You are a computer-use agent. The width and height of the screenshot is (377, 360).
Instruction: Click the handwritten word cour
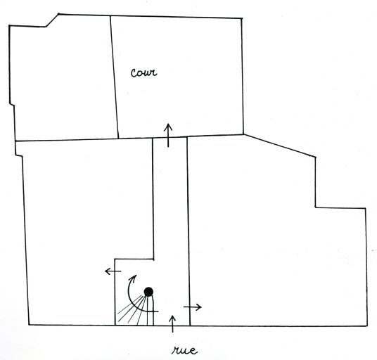click(143, 72)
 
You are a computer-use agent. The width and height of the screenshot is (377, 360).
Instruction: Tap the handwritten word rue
click(185, 350)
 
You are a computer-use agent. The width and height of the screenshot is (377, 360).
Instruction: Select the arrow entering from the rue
click(172, 324)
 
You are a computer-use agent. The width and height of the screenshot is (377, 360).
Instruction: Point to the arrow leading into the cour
click(168, 135)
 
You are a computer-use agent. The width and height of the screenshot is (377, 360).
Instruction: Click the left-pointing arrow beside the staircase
click(113, 271)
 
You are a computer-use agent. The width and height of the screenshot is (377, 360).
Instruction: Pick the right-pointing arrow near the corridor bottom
click(192, 307)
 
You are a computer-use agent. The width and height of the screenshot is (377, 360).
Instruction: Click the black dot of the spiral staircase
click(148, 292)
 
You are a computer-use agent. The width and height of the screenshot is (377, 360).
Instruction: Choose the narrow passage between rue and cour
click(170, 217)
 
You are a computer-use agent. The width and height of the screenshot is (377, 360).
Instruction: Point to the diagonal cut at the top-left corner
click(52, 20)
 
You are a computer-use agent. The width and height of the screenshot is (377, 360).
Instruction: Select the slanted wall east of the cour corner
click(279, 146)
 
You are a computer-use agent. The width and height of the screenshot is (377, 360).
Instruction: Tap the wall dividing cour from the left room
click(115, 77)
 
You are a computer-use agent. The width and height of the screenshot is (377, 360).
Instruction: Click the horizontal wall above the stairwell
click(134, 259)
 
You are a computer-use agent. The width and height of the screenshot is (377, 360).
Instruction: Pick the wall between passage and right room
click(188, 231)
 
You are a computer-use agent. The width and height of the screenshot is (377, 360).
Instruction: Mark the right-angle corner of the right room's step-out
click(315, 207)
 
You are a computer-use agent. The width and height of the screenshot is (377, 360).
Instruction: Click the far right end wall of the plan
click(366, 267)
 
